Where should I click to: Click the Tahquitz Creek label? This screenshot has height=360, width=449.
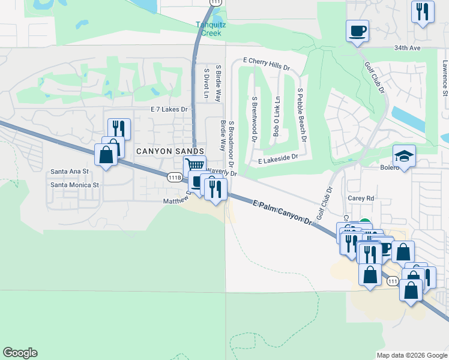point(208,29)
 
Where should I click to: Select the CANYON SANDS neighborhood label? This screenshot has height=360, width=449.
point(169,151)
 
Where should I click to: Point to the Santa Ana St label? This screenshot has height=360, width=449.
point(70,172)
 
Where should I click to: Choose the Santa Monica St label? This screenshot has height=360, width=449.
point(74,185)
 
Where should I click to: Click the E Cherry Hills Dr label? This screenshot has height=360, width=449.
point(267,61)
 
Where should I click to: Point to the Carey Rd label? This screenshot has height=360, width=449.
point(361,197)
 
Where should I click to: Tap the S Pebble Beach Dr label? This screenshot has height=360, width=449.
point(301,114)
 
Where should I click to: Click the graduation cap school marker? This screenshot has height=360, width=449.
point(404,156)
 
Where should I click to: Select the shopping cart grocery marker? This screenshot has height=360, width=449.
point(194,165)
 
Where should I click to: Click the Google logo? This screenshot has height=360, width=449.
point(20,353)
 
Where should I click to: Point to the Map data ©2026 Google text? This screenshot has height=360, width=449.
point(411,355)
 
